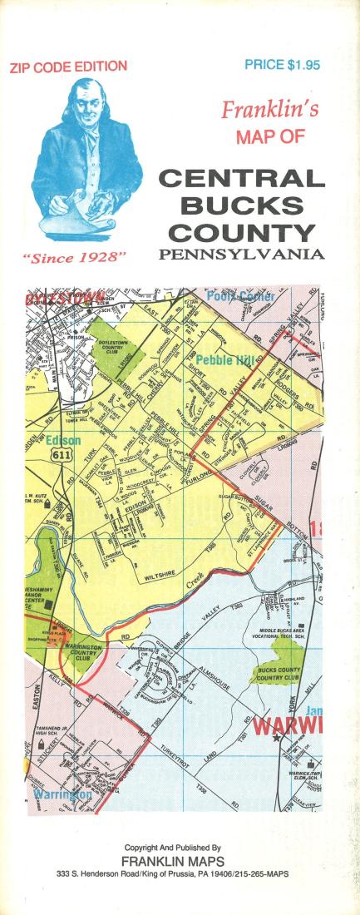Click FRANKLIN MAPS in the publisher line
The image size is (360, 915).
point(180,862)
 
